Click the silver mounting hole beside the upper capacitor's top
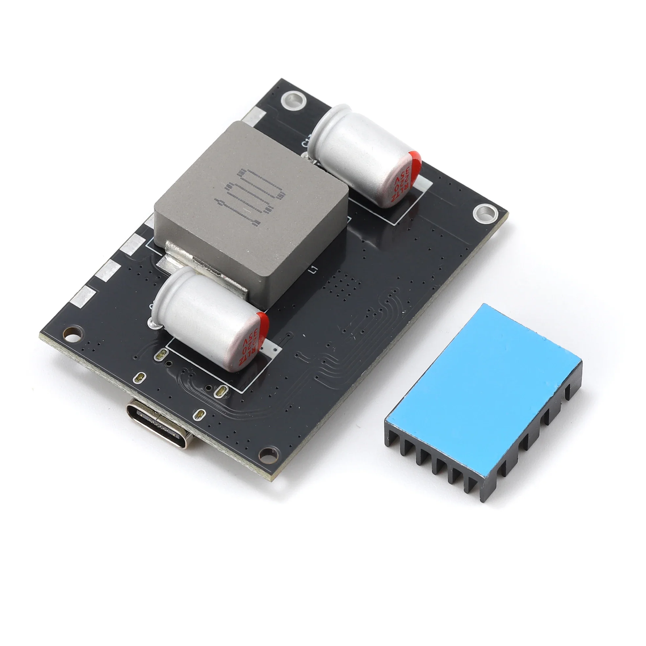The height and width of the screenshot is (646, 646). point(294,99)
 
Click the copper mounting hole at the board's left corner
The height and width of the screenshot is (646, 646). point(72,333)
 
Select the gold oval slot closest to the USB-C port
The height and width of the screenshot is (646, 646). point(200,415)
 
